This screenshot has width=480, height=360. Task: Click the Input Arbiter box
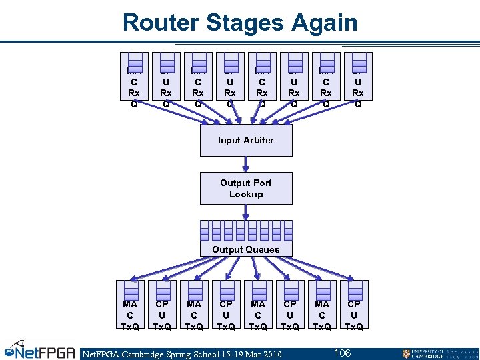(x=246, y=141)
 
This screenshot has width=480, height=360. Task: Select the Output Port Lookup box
(x=246, y=189)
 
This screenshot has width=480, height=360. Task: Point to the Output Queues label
(x=246, y=249)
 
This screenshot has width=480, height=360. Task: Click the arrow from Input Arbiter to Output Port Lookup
(x=246, y=164)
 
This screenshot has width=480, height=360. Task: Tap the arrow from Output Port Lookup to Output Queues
(x=246, y=212)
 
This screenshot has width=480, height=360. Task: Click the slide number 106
(x=342, y=353)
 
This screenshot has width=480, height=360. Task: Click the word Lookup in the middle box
(x=246, y=195)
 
